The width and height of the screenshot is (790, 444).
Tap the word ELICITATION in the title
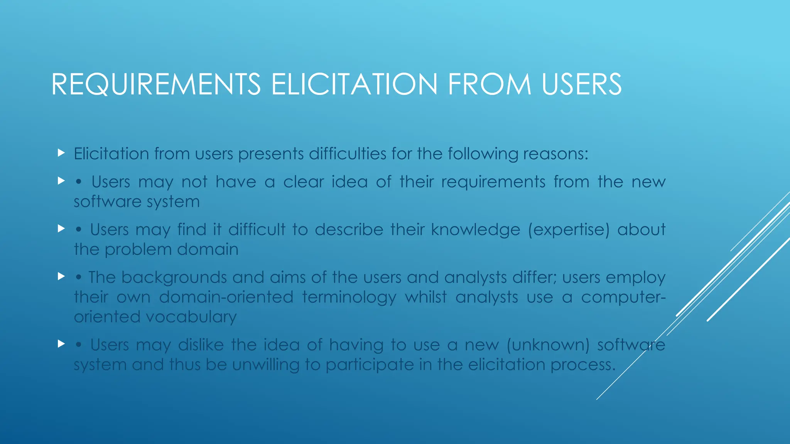354,84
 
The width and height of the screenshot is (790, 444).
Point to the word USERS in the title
582,84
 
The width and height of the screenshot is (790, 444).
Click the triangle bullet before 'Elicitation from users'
61,153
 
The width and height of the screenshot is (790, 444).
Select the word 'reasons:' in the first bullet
556,154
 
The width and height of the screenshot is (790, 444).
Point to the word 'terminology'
349,297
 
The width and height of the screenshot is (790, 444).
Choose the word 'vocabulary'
191,317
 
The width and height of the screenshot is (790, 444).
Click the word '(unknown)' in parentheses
548,345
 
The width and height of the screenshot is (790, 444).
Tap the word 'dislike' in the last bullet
201,345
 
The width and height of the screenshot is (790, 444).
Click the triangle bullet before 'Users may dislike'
61,343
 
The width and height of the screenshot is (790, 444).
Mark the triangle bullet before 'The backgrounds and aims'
61,276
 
